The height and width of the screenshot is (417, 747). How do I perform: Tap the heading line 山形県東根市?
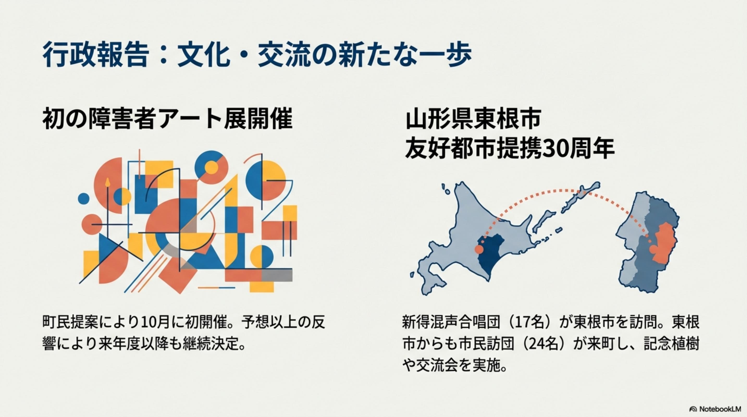[x=473, y=119]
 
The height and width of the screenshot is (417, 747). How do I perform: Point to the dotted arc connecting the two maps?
[x=566, y=191]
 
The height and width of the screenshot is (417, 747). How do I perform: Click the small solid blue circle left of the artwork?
[x=84, y=199]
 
